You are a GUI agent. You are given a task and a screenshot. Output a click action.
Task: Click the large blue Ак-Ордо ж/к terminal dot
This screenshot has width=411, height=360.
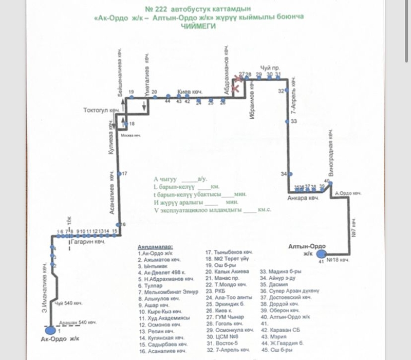52,330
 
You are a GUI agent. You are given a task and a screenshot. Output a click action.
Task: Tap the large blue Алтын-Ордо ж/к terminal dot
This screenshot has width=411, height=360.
321,254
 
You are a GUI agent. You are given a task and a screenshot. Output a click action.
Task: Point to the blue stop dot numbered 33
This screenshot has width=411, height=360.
287,121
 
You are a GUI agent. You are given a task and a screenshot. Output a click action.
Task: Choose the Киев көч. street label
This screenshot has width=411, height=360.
190,92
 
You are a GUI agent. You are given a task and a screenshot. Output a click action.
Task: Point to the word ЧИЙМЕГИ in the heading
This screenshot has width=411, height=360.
199,26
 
